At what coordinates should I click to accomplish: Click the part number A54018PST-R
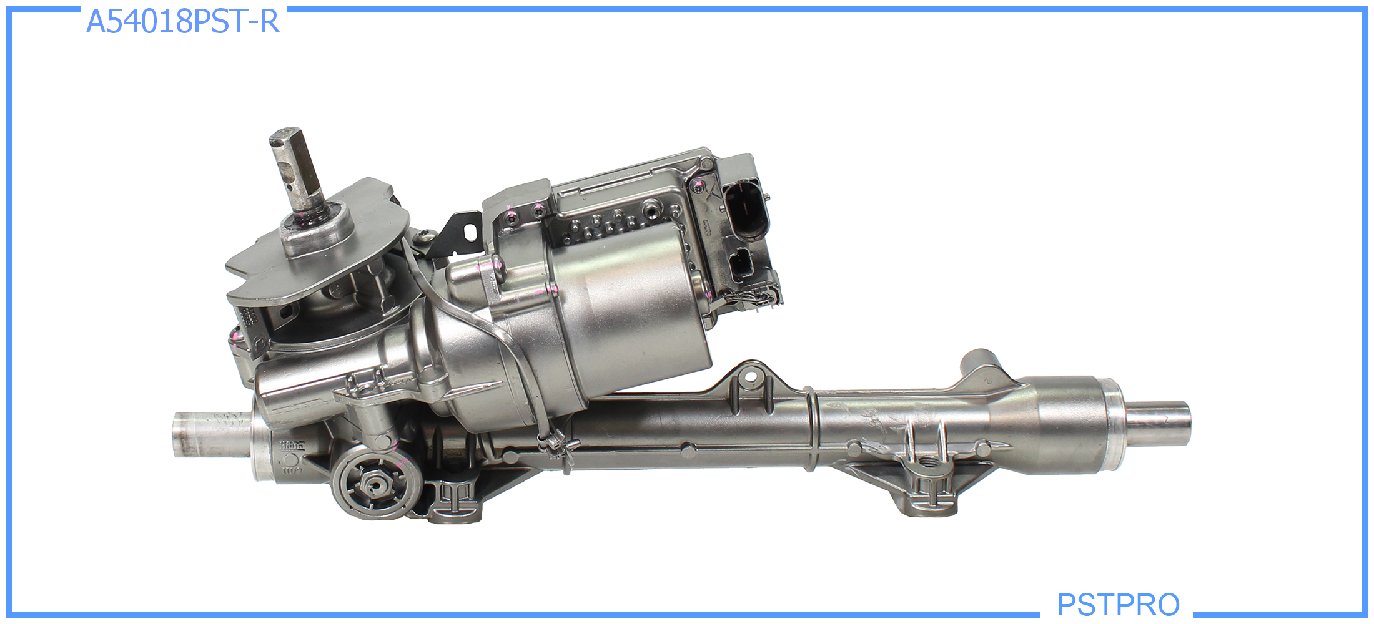tap(182, 21)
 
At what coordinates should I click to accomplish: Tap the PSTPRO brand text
tap(1118, 604)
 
